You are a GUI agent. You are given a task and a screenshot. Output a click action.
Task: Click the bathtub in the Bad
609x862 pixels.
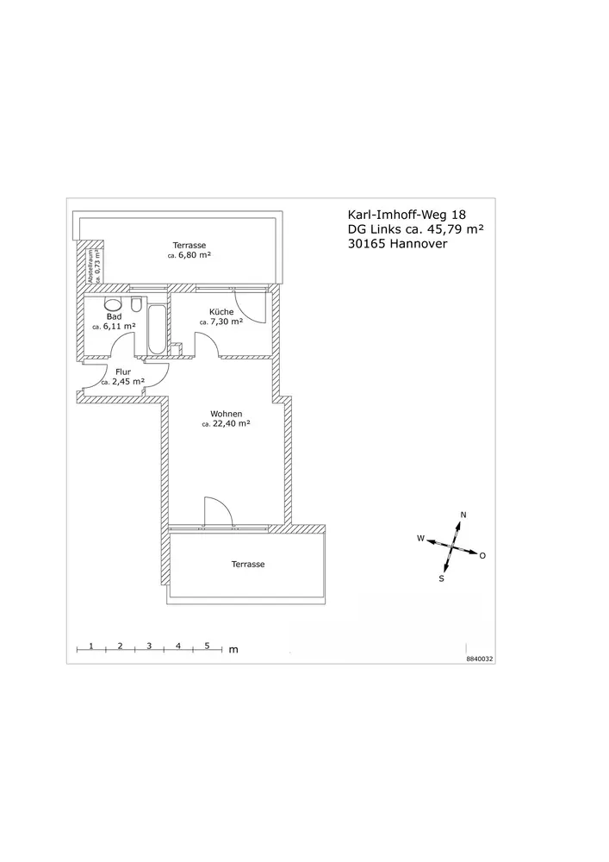pyautogui.click(x=156, y=329)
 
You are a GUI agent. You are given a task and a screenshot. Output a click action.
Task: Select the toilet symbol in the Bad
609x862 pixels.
pyautogui.click(x=137, y=304)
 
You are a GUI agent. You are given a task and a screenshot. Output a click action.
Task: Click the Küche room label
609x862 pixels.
pyautogui.click(x=221, y=312)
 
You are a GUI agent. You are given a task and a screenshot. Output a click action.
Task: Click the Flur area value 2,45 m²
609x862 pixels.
pyautogui.click(x=128, y=382)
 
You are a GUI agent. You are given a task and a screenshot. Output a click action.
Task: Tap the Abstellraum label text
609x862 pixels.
pyautogui.click(x=90, y=266)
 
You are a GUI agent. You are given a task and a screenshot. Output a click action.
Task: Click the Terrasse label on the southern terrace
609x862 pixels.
pyautogui.click(x=248, y=564)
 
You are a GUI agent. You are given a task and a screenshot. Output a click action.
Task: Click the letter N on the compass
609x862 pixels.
pyautogui.click(x=463, y=515)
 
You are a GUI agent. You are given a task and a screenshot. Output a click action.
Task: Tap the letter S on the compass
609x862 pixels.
pyautogui.click(x=441, y=579)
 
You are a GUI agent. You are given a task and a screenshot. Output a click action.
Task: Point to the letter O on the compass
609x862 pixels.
pyautogui.click(x=482, y=556)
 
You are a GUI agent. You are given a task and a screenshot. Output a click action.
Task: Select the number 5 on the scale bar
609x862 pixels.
pyautogui.click(x=207, y=646)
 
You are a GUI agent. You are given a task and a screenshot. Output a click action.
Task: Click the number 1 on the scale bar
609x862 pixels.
pyautogui.click(x=90, y=646)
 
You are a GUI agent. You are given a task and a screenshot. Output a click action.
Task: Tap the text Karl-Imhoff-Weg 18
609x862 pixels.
pyautogui.click(x=407, y=215)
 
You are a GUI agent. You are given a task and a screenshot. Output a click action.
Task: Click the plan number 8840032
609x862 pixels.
pyautogui.click(x=480, y=658)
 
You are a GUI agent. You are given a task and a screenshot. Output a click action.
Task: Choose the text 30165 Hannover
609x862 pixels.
pyautogui.click(x=398, y=244)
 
